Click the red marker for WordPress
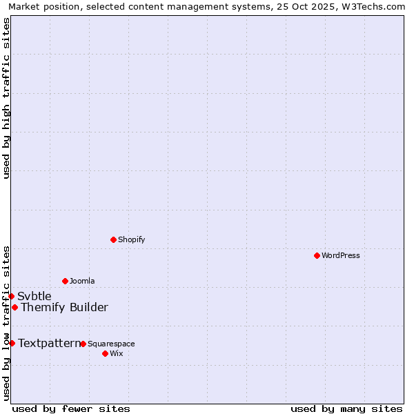coord(317,255)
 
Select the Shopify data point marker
coord(113,239)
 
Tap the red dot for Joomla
coord(65,281)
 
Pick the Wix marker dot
coord(105,353)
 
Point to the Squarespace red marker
coord(83,344)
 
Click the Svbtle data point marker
coord(11,296)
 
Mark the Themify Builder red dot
coord(14,307)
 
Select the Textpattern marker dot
coord(12,343)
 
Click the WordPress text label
coord(341,256)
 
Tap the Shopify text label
coord(131,240)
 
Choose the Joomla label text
coord(82,282)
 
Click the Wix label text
coord(116,354)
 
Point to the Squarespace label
coord(111,344)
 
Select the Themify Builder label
coord(64,308)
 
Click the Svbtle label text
coord(34,297)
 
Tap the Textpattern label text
coord(49,343)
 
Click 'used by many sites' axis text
coord(346,408)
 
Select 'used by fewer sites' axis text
coord(71,408)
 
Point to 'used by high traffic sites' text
coord(6,98)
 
